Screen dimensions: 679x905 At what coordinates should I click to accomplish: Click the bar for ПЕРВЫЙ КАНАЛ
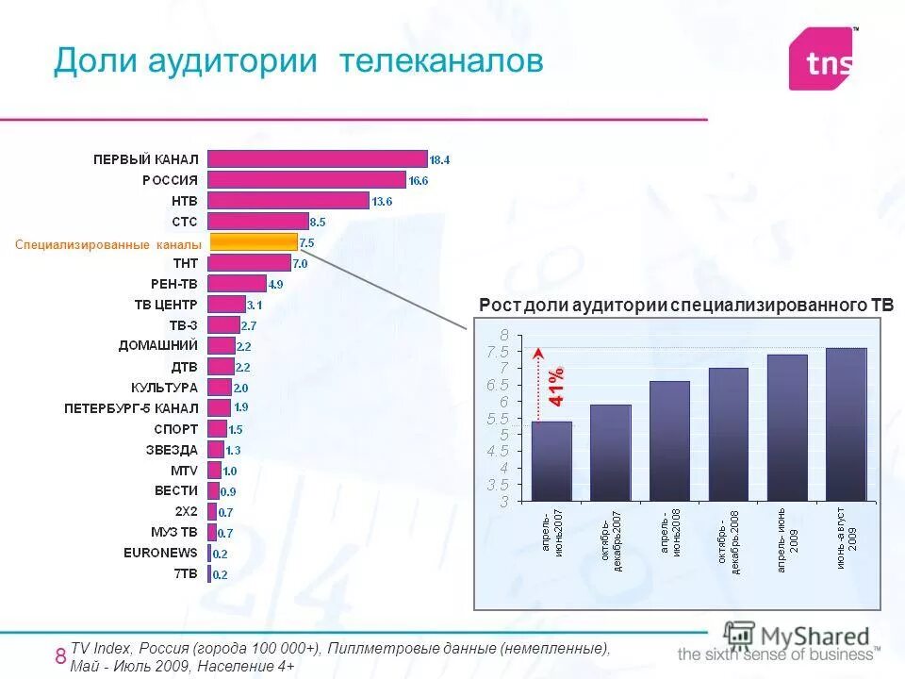(x=317, y=158)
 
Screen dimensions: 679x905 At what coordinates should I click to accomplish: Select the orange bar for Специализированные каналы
(x=253, y=242)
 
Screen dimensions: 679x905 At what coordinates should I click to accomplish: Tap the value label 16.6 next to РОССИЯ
(x=420, y=180)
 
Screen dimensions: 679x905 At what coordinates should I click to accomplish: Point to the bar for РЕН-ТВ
(x=237, y=283)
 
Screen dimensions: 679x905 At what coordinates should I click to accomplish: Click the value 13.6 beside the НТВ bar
(x=382, y=201)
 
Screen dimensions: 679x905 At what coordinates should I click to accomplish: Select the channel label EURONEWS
(x=160, y=553)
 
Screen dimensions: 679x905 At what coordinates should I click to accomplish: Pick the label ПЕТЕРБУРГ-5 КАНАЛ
(x=131, y=407)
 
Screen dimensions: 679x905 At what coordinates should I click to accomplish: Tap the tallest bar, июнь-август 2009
(x=846, y=424)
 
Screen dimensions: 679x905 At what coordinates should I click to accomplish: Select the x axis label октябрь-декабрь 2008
(x=728, y=544)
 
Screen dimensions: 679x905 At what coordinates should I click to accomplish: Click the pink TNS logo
(x=823, y=59)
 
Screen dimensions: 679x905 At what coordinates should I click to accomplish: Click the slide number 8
(x=60, y=656)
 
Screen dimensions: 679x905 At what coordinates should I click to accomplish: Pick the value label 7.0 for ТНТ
(x=301, y=263)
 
